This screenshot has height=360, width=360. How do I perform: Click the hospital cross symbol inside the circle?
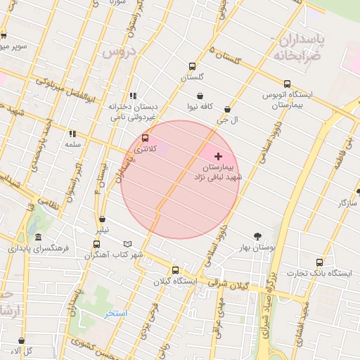[218, 156]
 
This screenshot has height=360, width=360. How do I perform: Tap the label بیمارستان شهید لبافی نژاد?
[218, 173]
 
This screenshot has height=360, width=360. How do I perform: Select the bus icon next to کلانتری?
[146, 139]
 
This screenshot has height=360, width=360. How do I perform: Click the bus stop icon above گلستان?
[192, 67]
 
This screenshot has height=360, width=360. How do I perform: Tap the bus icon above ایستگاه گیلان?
[175, 270]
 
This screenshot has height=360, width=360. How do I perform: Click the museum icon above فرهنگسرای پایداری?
[38, 237]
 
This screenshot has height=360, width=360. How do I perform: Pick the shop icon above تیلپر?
[103, 219]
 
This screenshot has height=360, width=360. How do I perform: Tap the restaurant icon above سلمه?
[72, 133]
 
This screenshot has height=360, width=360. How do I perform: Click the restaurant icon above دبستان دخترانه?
[132, 96]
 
